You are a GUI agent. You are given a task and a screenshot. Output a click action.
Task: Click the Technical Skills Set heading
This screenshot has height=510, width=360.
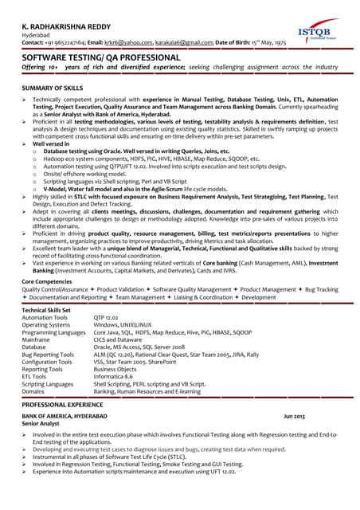[x=46, y=309]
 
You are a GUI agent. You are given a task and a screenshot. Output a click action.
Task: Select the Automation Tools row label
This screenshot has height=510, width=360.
[x=45, y=317]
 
